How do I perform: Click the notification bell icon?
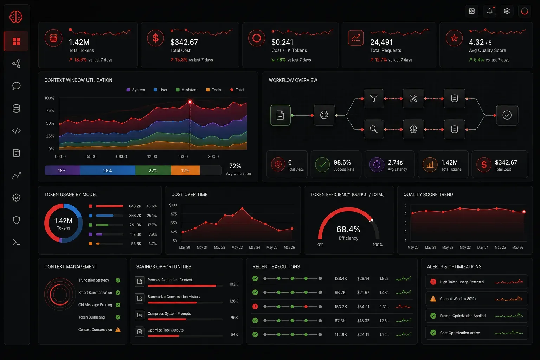point(489,11)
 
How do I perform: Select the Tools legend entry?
point(214,90)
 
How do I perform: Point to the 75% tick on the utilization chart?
point(50,110)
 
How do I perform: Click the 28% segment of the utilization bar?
point(108,171)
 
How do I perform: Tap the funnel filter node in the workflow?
point(374,98)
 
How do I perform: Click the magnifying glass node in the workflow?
point(374,129)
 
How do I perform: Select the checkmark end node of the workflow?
point(507,115)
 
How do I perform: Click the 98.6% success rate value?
point(342,162)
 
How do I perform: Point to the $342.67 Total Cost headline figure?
point(184,42)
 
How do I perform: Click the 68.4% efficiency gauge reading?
point(348,229)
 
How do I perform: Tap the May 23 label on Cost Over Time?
point(237,247)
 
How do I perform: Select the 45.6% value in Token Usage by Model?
point(152,206)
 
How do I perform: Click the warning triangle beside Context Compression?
point(118,330)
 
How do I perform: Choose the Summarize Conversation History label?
point(174,297)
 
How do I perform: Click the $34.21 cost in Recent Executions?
point(363,307)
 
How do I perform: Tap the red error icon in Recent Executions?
point(255,307)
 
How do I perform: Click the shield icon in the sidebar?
point(17,220)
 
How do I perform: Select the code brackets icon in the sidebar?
point(17,131)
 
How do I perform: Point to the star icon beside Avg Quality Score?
point(454,38)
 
